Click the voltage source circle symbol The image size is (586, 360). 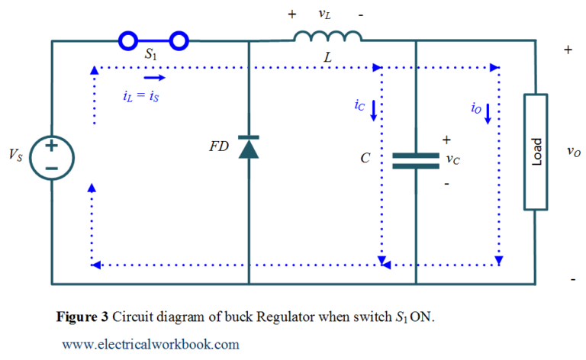[x=51, y=156]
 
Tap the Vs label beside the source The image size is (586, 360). [x=16, y=155]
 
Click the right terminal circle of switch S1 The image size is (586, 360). [x=179, y=40]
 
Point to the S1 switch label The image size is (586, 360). [x=152, y=58]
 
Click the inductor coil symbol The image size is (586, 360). [x=328, y=37]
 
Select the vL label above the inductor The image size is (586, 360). [x=324, y=14]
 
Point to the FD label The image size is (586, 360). [x=219, y=146]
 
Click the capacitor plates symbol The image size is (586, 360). [x=417, y=160]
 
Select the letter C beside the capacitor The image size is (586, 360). [x=365, y=159]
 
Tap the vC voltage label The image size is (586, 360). [x=452, y=160]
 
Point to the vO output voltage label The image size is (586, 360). [x=573, y=152]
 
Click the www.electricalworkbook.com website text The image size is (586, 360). [x=150, y=344]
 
